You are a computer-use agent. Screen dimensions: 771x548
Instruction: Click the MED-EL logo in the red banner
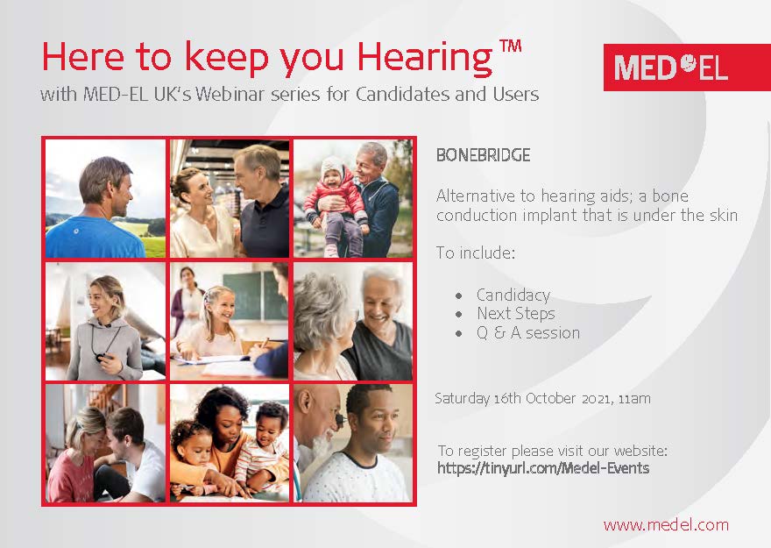(x=671, y=68)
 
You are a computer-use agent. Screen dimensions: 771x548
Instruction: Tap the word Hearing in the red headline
(x=425, y=59)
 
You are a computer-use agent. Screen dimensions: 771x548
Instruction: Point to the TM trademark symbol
(x=511, y=46)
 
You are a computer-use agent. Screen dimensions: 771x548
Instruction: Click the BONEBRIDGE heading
(x=483, y=155)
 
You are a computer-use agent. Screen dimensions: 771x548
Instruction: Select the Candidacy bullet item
(x=513, y=295)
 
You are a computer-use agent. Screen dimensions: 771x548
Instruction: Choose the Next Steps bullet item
(x=515, y=313)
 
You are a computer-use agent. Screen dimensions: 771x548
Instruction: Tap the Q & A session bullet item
(x=528, y=333)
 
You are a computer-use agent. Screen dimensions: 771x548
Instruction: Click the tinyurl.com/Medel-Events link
(x=543, y=468)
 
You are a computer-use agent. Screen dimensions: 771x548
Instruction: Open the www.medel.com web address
(x=666, y=525)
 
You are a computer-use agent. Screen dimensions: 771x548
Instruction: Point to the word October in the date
(x=550, y=398)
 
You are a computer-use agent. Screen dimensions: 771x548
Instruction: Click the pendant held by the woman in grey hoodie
(x=99, y=357)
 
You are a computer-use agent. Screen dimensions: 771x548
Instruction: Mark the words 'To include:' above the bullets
(x=476, y=253)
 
